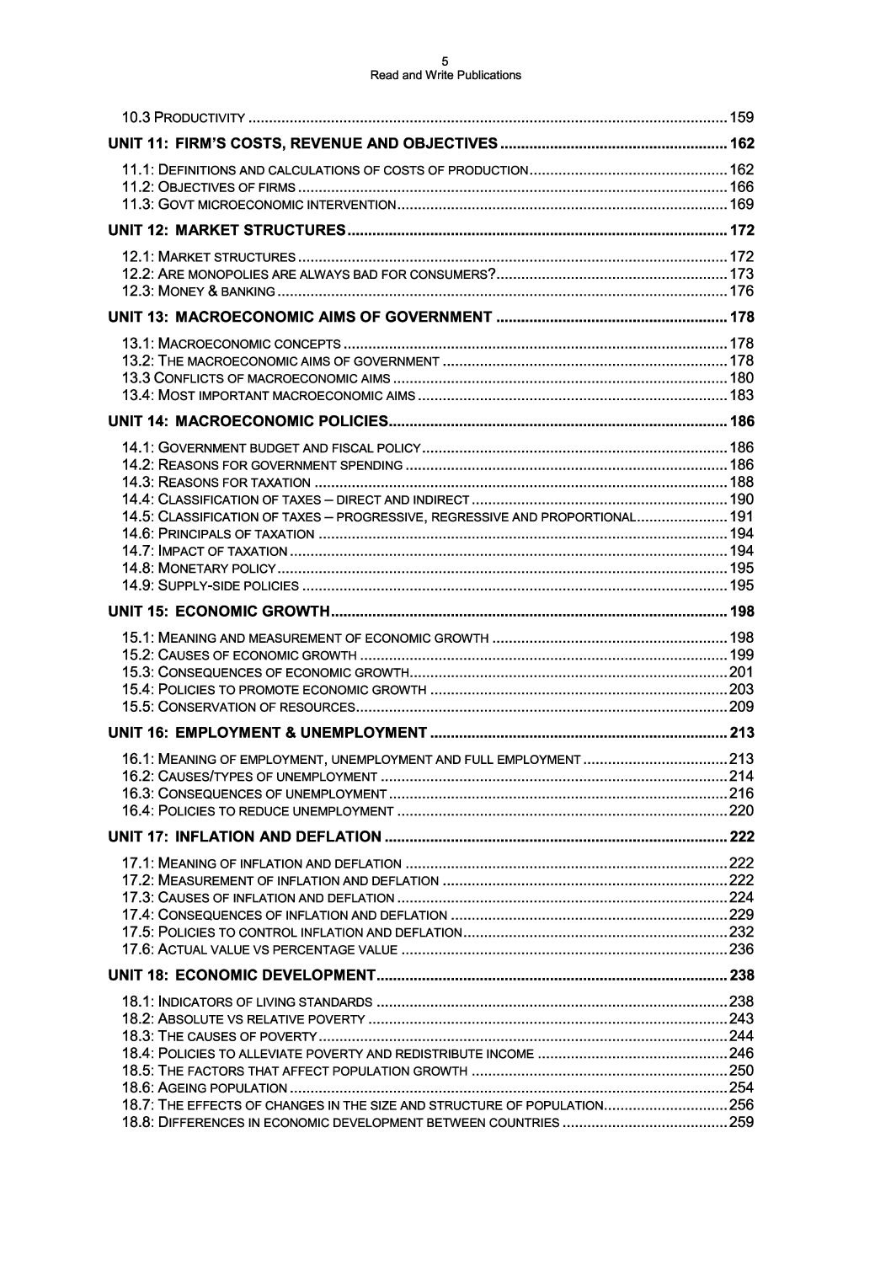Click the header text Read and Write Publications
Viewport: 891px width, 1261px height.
[445, 75]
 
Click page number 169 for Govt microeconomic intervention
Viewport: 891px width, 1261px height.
[741, 205]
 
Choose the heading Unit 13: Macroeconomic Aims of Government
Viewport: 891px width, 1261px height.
[301, 318]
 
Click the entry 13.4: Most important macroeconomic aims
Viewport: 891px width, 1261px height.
[269, 396]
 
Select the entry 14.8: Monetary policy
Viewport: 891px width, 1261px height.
[199, 569]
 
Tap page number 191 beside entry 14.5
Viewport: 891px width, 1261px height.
[741, 517]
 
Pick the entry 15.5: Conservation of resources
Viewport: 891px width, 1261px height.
[238, 707]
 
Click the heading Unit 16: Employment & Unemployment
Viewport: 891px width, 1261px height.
[268, 732]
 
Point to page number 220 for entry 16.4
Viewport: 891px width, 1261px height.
[741, 811]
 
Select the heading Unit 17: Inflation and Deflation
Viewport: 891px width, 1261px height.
[245, 836]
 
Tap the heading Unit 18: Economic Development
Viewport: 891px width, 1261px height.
[242, 975]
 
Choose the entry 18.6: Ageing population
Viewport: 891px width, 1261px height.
[205, 1088]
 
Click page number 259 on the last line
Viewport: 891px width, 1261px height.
[741, 1123]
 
